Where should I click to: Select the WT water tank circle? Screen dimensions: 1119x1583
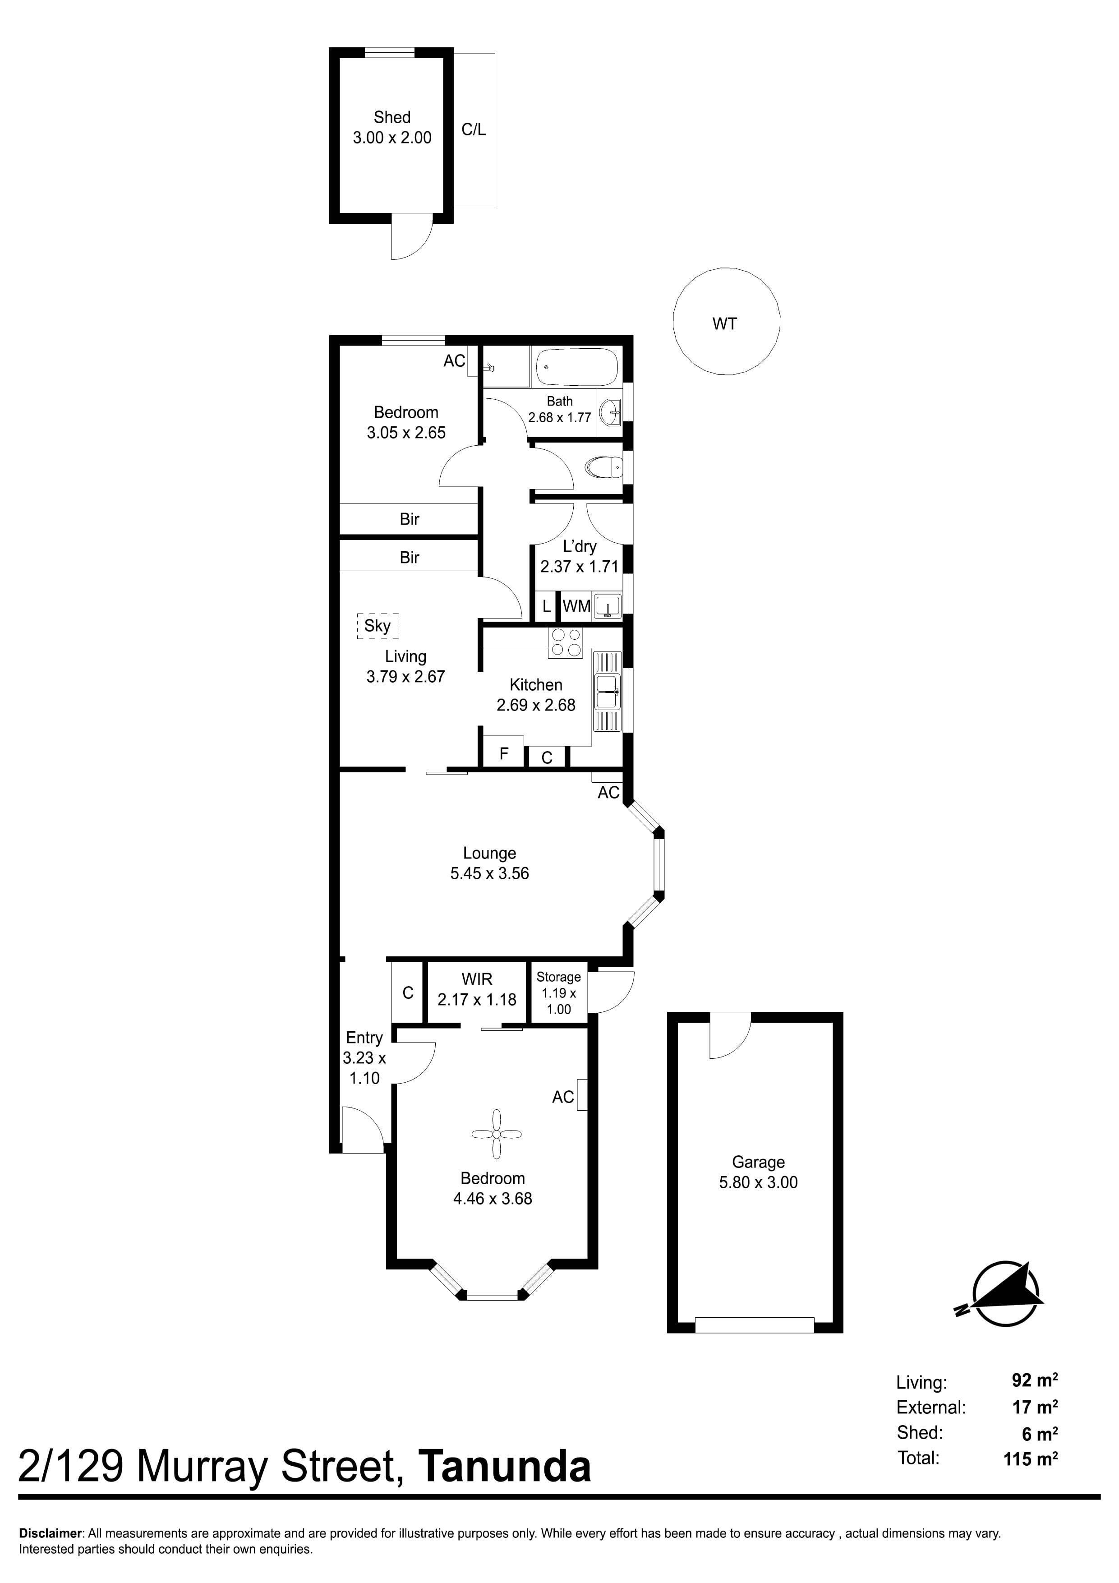tap(726, 321)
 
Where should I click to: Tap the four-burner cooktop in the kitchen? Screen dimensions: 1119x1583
tap(565, 642)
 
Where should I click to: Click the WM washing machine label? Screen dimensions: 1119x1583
tap(576, 606)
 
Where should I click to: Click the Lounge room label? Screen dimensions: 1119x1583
tap(489, 853)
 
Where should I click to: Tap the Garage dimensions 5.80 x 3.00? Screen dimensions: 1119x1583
tap(759, 1182)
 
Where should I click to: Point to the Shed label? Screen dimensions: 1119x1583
tap(392, 117)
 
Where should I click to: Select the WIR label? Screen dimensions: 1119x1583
tap(477, 979)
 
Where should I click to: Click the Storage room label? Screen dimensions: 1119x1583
tap(558, 977)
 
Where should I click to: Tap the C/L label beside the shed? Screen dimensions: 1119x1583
tap(474, 129)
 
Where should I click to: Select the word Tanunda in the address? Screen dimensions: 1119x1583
tap(505, 1467)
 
